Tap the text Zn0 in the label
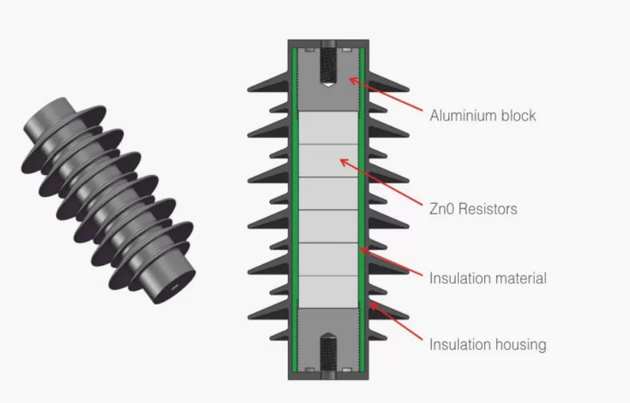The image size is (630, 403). pos(442,209)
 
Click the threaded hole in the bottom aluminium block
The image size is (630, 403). pos(328,350)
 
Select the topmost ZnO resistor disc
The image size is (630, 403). pos(328,127)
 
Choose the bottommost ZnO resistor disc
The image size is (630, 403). pos(328,292)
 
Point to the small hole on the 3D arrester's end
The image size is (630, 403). pos(174,288)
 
